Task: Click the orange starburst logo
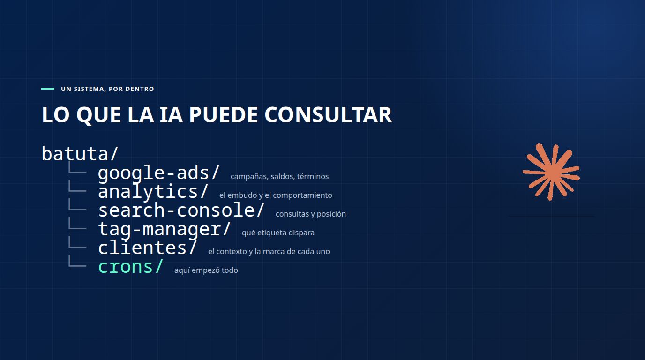tap(551, 172)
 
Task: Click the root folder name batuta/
tap(80, 153)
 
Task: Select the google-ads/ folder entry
tap(159, 173)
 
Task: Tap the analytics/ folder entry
tap(153, 192)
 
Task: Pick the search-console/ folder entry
tap(181, 210)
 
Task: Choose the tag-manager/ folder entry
tap(165, 229)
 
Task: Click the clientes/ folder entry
tap(148, 247)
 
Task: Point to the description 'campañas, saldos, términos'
tap(279, 176)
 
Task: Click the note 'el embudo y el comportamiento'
tap(276, 195)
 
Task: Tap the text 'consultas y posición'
tap(311, 214)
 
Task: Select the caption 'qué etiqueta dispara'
tap(278, 232)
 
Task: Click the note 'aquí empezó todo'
tap(206, 270)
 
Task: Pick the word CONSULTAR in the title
tap(328, 115)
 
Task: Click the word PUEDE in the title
tap(223, 115)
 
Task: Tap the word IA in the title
tap(171, 115)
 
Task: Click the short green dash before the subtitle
tap(48, 89)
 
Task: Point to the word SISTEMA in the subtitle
tap(89, 89)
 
